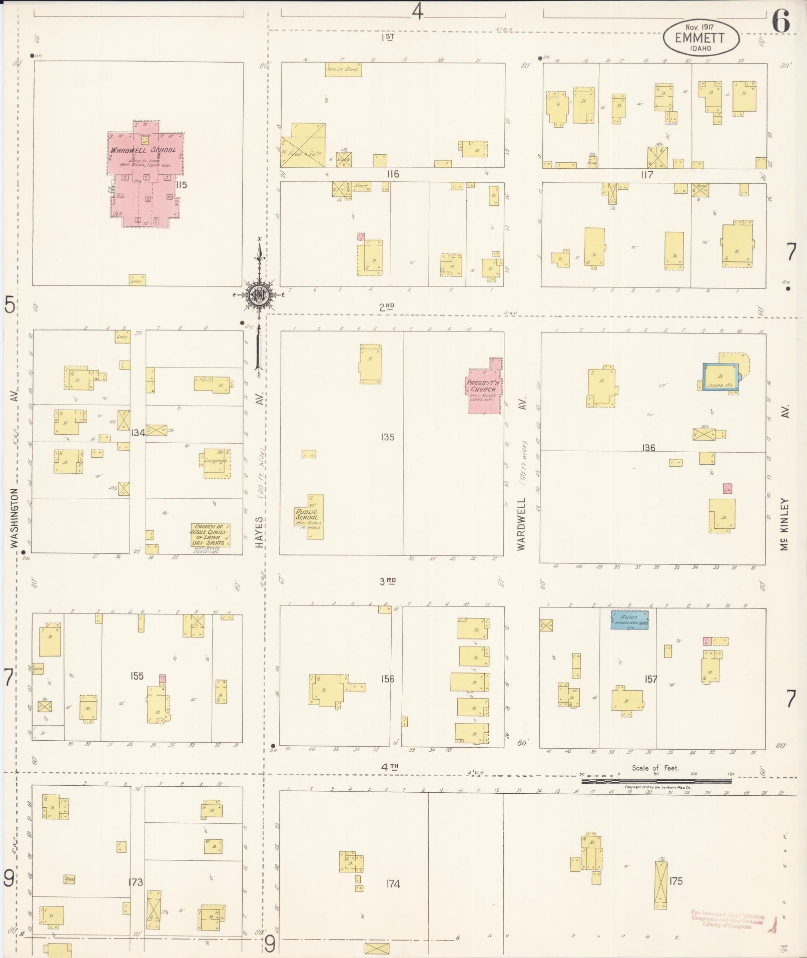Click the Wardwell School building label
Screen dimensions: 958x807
point(143,150)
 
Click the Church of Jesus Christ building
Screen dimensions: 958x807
point(210,534)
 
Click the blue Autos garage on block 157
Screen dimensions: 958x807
point(629,620)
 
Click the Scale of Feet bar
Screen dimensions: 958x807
point(655,781)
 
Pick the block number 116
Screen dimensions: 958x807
point(393,174)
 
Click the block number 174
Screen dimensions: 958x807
point(393,884)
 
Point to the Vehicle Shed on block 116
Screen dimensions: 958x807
point(343,69)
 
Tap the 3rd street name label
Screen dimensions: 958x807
point(388,581)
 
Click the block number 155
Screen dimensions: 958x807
point(137,676)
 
